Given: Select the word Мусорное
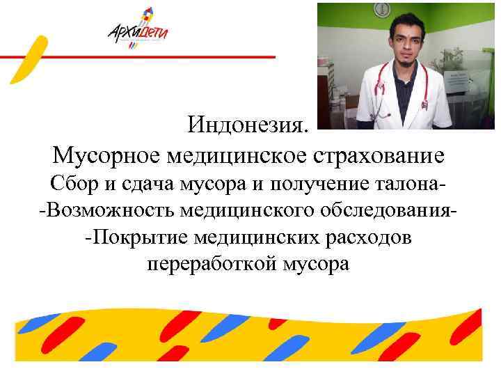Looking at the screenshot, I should (104, 155).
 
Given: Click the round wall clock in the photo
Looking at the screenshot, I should (383, 9).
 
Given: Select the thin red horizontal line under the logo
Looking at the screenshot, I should (139, 56).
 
